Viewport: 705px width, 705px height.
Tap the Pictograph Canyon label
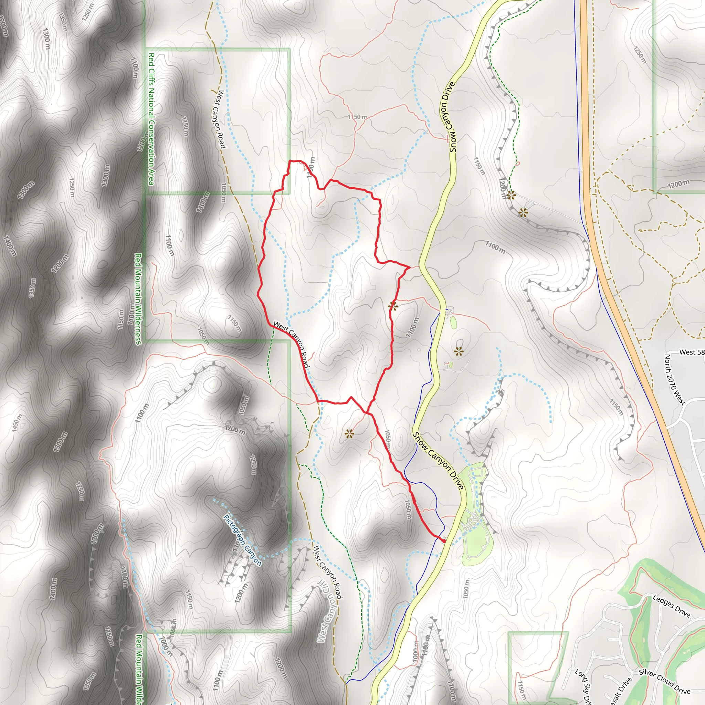click(242, 540)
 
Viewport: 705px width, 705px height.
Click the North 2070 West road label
click(675, 379)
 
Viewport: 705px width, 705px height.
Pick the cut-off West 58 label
click(692, 352)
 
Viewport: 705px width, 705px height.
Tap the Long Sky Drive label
click(583, 686)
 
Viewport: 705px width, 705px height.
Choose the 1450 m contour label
click(17, 423)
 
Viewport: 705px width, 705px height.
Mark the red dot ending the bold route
click(444, 541)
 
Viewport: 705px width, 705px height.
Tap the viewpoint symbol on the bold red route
click(393, 306)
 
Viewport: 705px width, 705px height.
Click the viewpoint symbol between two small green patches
click(459, 352)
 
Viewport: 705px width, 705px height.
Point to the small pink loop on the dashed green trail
click(518, 164)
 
